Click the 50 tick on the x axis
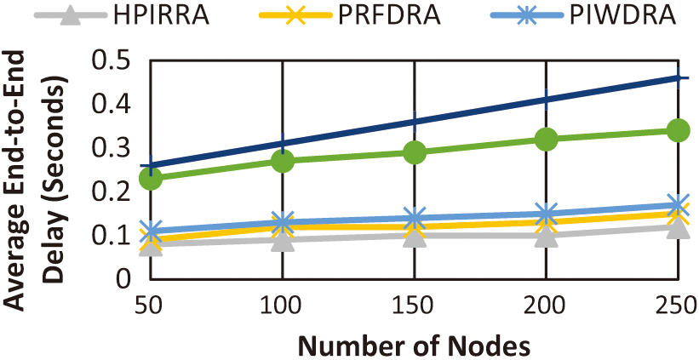[151, 304]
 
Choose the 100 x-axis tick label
[282, 304]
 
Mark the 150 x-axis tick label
[414, 304]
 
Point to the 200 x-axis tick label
[546, 304]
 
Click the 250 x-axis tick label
[678, 304]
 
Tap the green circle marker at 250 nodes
[678, 131]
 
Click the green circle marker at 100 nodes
[282, 161]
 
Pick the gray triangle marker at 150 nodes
[414, 236]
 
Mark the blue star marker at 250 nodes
[678, 205]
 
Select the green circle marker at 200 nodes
[546, 140]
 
